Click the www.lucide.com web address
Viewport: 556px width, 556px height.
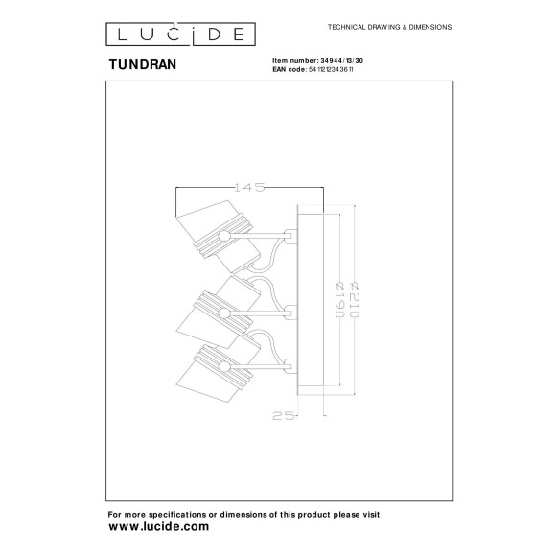158,527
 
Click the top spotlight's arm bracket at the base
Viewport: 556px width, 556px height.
290,233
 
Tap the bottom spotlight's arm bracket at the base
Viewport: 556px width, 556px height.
290,361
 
